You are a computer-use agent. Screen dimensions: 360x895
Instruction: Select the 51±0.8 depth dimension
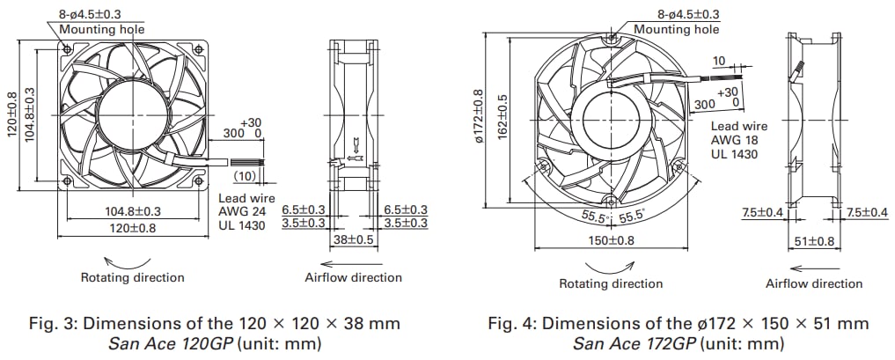[814, 241]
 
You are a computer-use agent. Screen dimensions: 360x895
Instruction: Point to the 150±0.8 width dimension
[611, 240]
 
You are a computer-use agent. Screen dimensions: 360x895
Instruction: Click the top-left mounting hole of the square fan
[66, 50]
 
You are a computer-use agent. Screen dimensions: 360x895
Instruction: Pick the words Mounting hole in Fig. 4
[676, 29]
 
